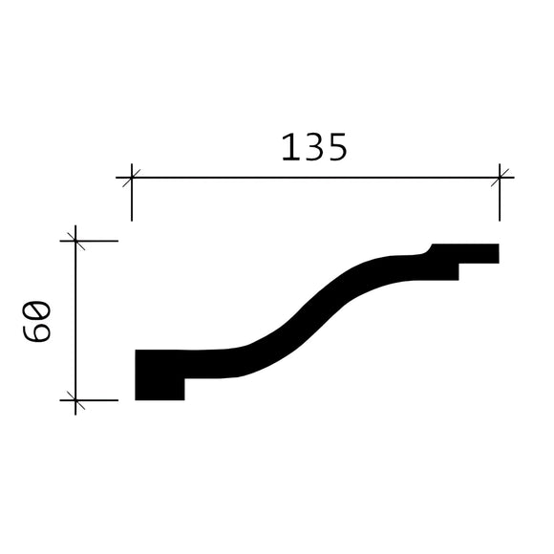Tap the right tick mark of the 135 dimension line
tap(500, 177)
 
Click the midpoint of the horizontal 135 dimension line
tap(315, 177)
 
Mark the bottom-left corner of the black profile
tap(137, 398)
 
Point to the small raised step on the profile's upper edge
tap(430, 249)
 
